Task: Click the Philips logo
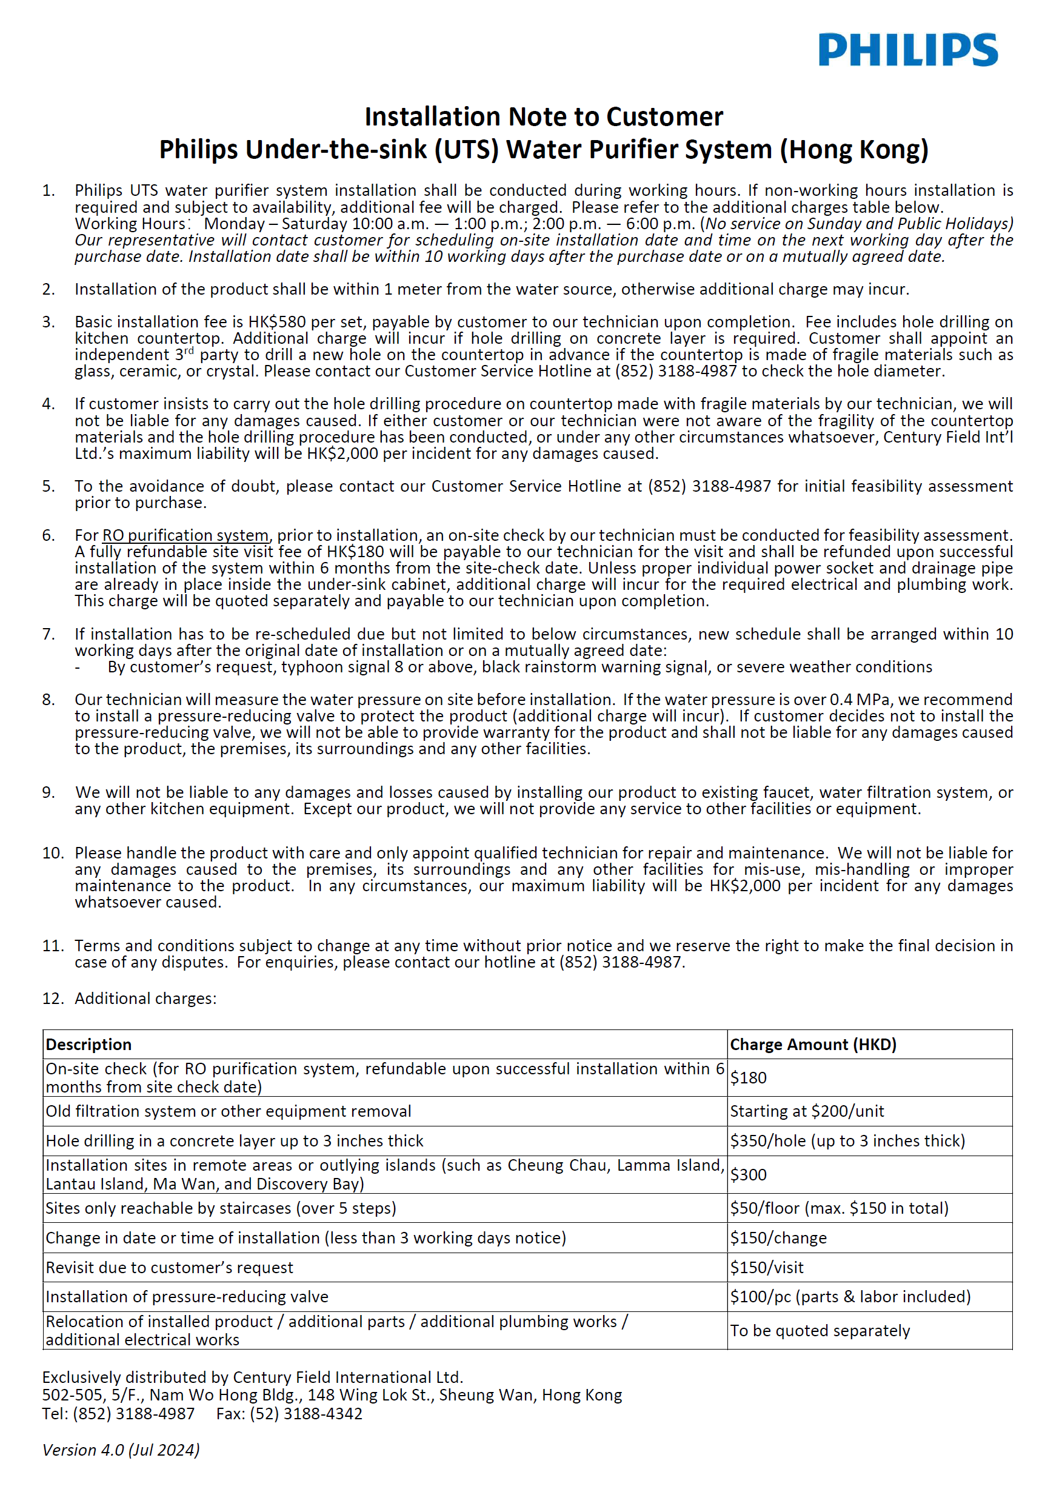[907, 50]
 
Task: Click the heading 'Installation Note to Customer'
[544, 117]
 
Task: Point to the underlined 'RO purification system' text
[185, 536]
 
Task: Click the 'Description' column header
[88, 1045]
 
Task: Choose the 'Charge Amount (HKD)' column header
[813, 1045]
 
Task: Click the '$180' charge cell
[749, 1078]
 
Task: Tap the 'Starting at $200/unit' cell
[807, 1111]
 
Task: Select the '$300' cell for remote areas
[749, 1174]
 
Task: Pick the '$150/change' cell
[778, 1238]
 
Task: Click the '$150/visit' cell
[767, 1268]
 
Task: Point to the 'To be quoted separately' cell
[820, 1331]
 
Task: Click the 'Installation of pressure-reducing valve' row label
[187, 1297]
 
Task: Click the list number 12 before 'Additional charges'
[52, 999]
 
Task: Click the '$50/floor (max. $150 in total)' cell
[839, 1208]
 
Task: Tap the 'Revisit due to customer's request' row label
[169, 1268]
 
